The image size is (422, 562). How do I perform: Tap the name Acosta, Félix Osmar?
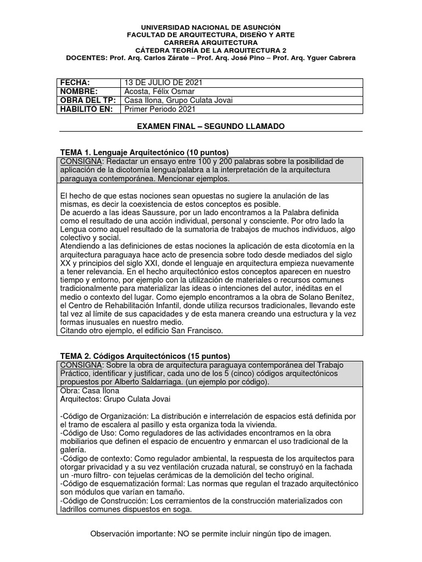(x=158, y=91)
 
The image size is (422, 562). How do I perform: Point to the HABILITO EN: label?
(x=86, y=109)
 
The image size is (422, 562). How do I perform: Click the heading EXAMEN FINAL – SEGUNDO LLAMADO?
(x=210, y=126)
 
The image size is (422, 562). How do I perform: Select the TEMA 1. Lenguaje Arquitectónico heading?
(x=144, y=152)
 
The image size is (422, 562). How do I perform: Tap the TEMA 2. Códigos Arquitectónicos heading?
(x=145, y=356)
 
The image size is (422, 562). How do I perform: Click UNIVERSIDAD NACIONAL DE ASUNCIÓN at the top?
(x=211, y=27)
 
